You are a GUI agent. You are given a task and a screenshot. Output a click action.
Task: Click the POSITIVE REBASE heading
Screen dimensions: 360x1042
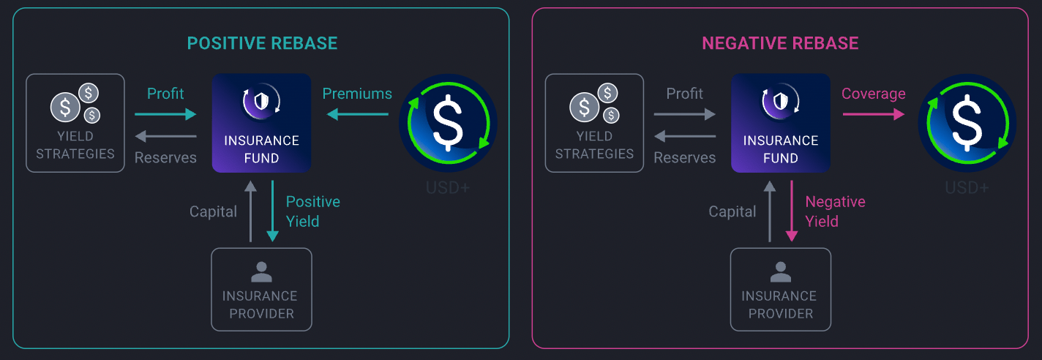click(262, 43)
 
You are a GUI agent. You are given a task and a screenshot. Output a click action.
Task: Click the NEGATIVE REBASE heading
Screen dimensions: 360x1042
click(780, 43)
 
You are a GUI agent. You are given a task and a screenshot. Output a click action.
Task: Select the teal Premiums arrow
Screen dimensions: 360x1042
click(358, 113)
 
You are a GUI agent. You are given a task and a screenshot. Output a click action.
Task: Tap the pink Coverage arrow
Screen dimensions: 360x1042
click(873, 113)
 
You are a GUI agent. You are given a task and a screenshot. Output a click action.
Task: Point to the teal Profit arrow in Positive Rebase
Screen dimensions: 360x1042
click(165, 113)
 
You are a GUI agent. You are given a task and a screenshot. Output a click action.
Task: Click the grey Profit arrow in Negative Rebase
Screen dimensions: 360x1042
click(684, 113)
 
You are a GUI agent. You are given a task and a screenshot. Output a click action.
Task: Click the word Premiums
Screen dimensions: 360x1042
click(357, 94)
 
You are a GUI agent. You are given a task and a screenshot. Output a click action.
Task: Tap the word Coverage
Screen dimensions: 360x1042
click(873, 94)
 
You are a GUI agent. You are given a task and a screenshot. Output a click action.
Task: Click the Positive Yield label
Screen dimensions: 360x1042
click(312, 211)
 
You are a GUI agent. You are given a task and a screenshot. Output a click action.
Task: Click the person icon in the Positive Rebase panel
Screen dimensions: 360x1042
click(261, 272)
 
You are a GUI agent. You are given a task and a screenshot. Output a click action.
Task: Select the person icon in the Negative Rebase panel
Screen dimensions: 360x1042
click(780, 272)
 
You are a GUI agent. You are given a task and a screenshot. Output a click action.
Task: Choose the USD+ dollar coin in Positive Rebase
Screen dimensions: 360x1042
click(448, 123)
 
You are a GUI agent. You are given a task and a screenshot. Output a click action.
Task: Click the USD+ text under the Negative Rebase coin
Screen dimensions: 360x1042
click(967, 188)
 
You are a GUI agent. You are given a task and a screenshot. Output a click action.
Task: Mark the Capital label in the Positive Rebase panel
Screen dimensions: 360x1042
click(213, 212)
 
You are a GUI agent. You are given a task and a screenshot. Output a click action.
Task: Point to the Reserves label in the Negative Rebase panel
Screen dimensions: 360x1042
click(684, 158)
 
